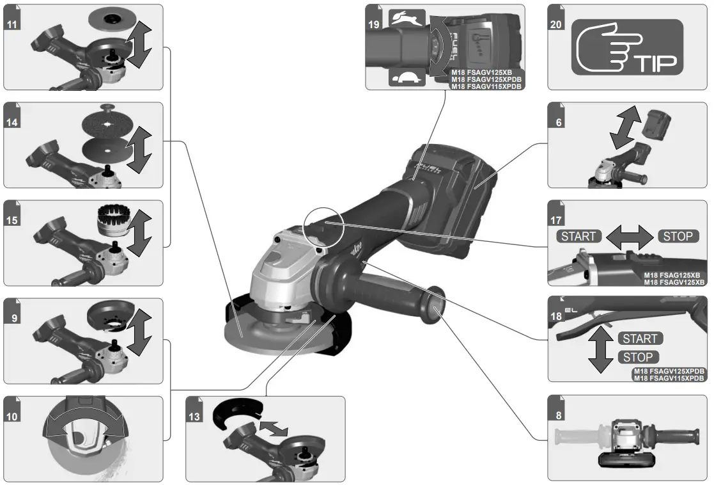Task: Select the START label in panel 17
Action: click(578, 236)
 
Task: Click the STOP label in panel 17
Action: click(678, 236)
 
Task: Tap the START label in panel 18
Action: click(640, 338)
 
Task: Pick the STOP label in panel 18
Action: click(637, 357)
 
